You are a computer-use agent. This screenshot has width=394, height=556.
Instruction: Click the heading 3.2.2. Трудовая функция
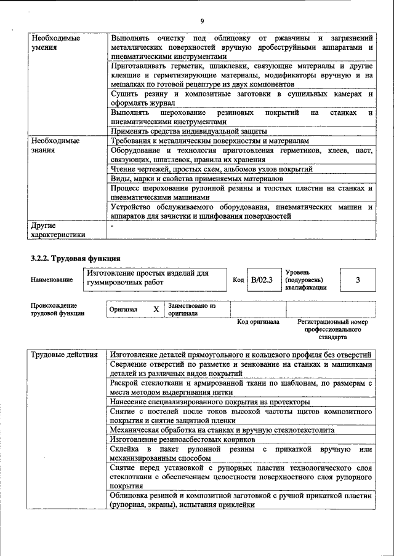tap(75, 257)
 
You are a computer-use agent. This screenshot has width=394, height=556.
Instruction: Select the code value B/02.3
tap(261, 280)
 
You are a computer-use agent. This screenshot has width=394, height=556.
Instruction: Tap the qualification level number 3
tap(358, 280)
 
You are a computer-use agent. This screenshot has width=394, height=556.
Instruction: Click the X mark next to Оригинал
tap(156, 310)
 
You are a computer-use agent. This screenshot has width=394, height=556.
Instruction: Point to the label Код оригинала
tap(258, 321)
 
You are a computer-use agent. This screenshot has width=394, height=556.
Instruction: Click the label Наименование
tap(51, 280)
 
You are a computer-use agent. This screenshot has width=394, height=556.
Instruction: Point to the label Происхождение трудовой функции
tap(54, 309)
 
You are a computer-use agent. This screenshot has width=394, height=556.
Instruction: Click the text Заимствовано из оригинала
tap(191, 309)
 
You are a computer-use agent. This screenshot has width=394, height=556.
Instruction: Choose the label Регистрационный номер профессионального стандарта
tap(332, 329)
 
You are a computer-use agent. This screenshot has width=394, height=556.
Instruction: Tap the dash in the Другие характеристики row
tap(111, 226)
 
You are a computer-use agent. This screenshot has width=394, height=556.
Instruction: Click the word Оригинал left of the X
tap(123, 310)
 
